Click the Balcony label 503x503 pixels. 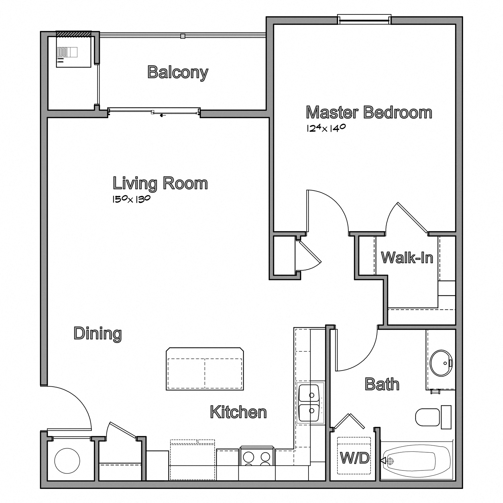(x=178, y=72)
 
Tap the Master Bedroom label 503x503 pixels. (x=369, y=113)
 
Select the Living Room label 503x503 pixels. (x=160, y=184)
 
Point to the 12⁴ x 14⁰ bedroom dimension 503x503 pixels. (x=326, y=128)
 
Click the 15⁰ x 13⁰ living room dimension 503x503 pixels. (x=131, y=199)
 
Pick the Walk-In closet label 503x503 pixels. (x=407, y=258)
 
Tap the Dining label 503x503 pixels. (x=98, y=334)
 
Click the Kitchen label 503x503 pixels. (x=238, y=412)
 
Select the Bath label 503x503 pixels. (x=382, y=384)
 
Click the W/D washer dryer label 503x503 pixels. (x=354, y=458)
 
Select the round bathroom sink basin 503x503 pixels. (x=441, y=363)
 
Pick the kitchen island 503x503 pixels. (x=205, y=369)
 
